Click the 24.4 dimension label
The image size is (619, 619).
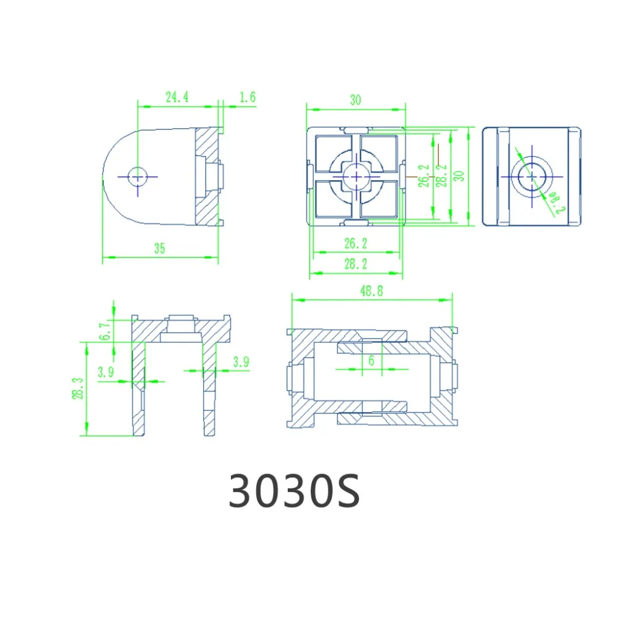click(x=177, y=97)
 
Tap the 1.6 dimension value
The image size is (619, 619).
click(x=248, y=97)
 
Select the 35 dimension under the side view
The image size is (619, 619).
click(x=160, y=248)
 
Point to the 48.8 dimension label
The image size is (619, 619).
click(x=371, y=291)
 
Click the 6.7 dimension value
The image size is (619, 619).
click(x=104, y=331)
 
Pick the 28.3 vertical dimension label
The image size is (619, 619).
click(x=77, y=388)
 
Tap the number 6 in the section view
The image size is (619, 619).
click(x=371, y=360)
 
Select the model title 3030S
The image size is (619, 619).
click(x=295, y=491)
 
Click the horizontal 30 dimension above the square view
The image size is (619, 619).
click(x=355, y=100)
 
